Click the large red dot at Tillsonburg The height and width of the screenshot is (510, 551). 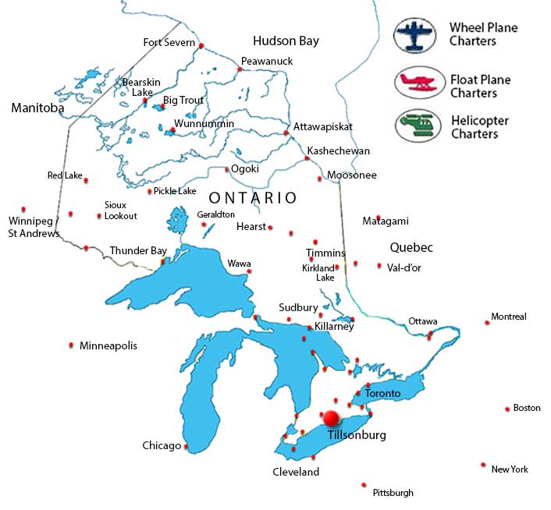[x=331, y=417]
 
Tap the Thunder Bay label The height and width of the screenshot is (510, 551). [x=138, y=251]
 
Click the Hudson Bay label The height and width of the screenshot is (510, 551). [x=286, y=41]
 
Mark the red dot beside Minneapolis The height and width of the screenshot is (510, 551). [x=72, y=345]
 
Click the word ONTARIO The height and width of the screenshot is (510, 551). [x=253, y=198]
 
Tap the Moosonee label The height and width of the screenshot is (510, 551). [x=352, y=175]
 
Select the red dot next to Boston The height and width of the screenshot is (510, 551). [x=507, y=408]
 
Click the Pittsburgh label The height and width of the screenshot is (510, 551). [x=393, y=493]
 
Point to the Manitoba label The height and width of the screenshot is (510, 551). [x=37, y=108]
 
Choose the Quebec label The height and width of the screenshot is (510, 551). [x=411, y=247]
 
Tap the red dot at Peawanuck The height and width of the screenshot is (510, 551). [x=240, y=69]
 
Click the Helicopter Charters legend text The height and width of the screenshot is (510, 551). [x=479, y=127]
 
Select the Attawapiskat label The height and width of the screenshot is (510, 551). [x=323, y=126]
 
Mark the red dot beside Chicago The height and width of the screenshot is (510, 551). [x=186, y=447]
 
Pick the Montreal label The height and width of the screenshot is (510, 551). [x=509, y=317]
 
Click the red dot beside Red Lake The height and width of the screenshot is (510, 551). [x=86, y=180]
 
